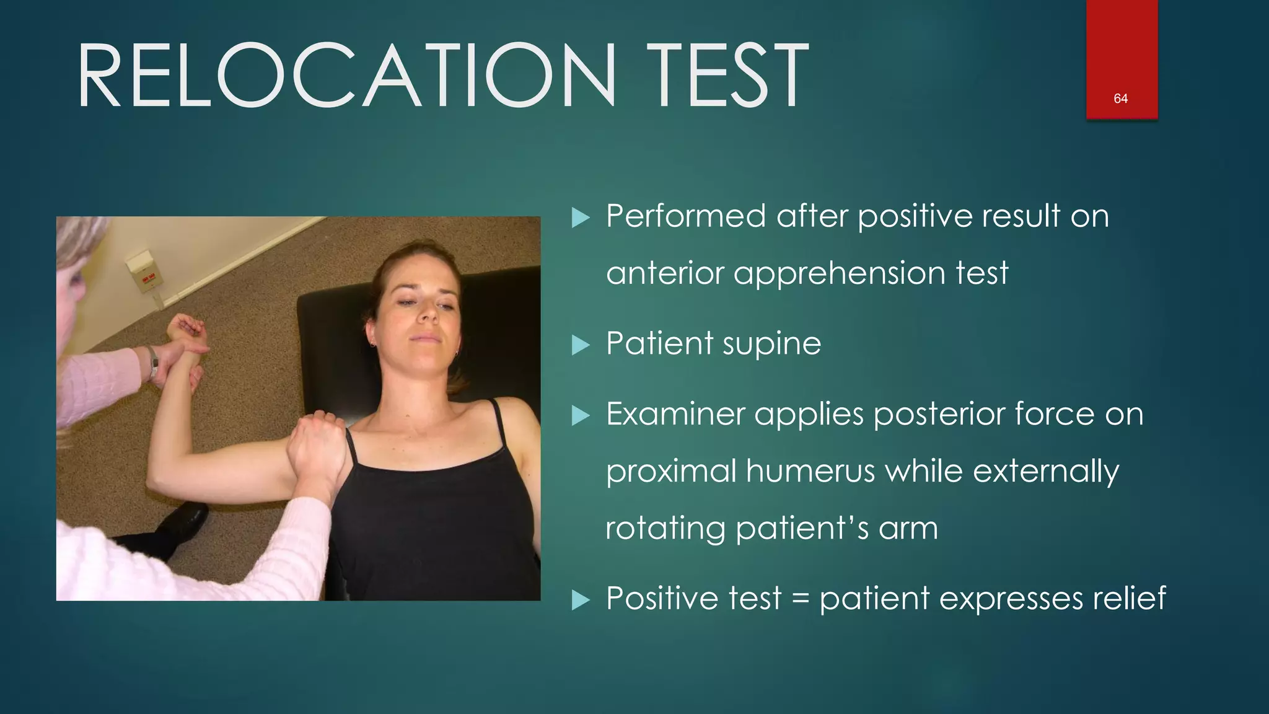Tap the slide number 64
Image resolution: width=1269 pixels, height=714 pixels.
tap(1120, 99)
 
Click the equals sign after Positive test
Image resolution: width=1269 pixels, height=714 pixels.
tap(801, 599)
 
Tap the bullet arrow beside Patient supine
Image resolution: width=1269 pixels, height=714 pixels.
tap(580, 345)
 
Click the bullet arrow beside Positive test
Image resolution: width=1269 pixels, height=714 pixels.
tap(580, 600)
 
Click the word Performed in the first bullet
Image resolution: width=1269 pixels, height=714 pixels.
tap(685, 216)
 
